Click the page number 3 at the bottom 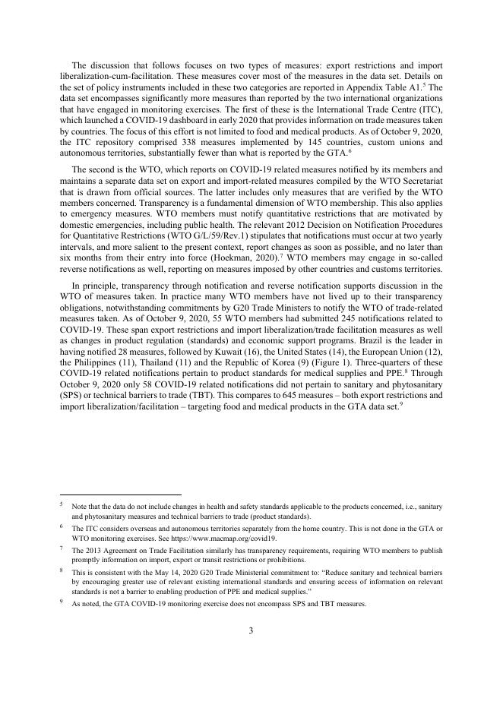(x=251, y=630)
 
